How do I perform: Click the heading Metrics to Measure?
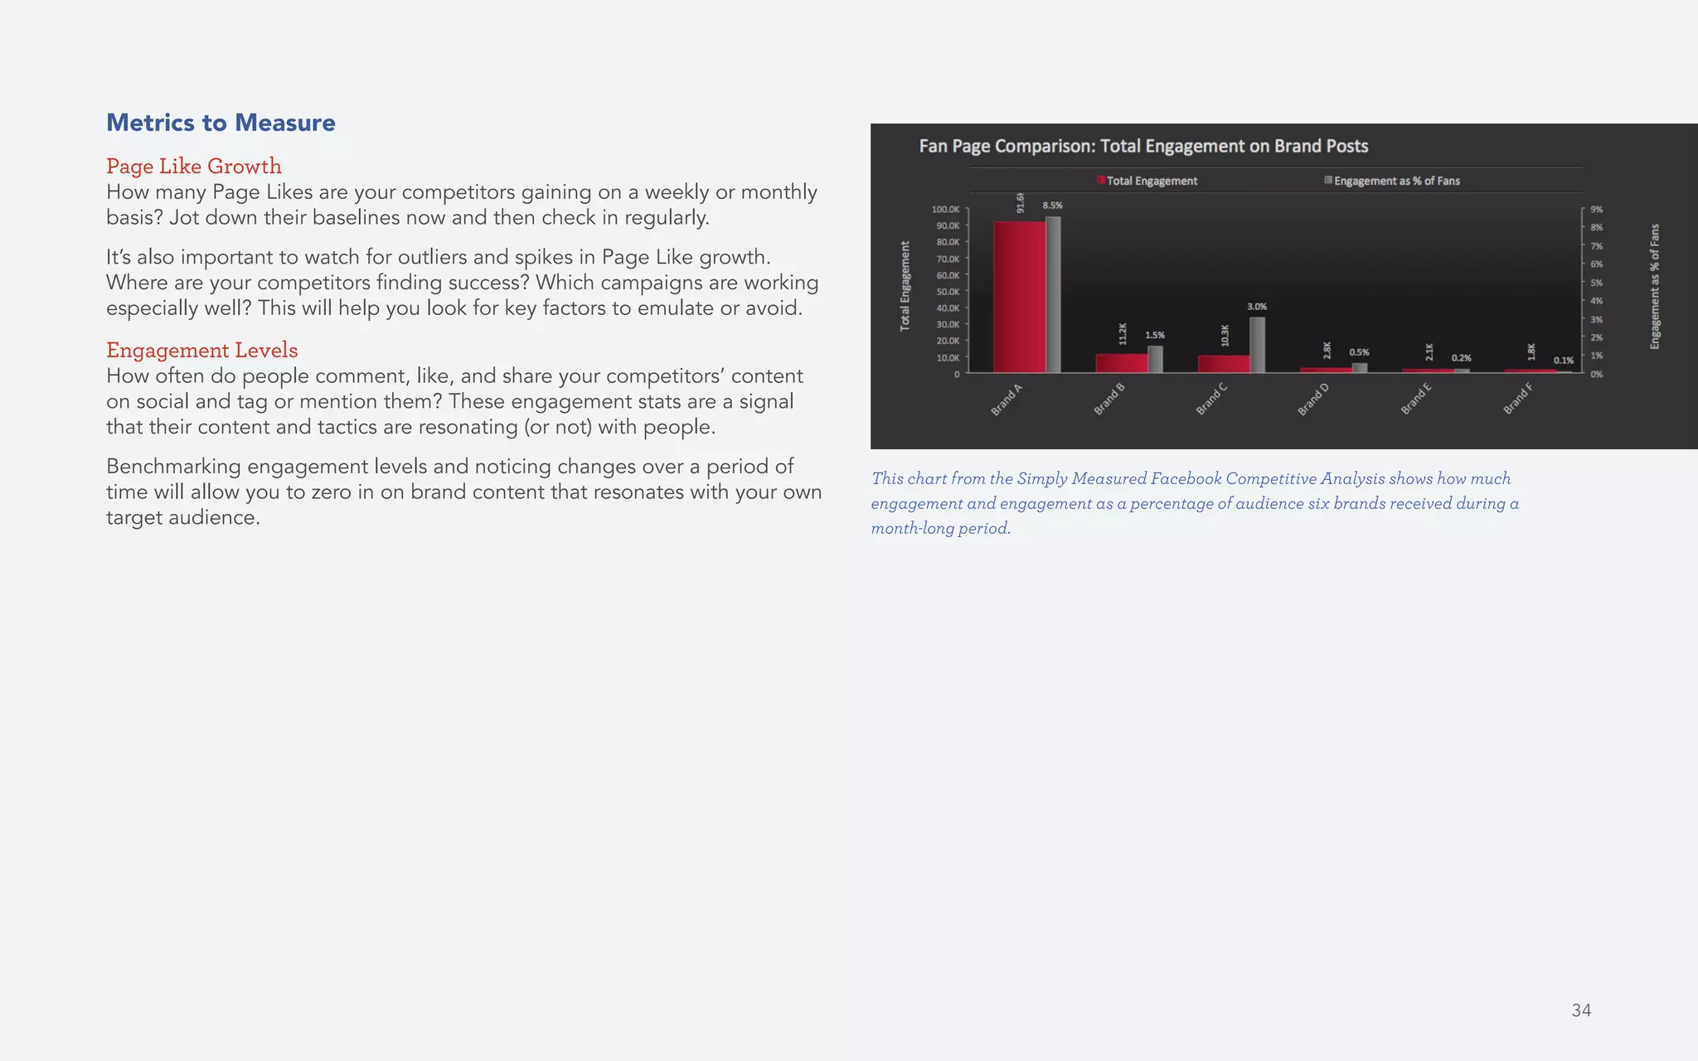[221, 123]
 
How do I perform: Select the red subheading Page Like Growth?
[193, 166]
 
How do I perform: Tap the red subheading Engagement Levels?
[201, 350]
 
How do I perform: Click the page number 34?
[1580, 1010]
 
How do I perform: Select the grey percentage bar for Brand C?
[1257, 345]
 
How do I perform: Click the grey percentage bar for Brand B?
[1155, 359]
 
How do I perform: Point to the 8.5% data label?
[1052, 205]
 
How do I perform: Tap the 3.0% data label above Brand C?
[1256, 307]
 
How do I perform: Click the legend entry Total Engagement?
[1151, 181]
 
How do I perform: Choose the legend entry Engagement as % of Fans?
[1395, 181]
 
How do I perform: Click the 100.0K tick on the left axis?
[945, 210]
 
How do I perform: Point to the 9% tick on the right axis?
[1596, 210]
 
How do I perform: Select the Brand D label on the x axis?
[1312, 400]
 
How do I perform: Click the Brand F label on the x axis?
[1517, 400]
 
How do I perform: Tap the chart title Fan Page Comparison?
[1143, 146]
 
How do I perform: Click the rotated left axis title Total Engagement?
[905, 286]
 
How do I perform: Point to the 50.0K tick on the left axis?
[947, 292]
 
